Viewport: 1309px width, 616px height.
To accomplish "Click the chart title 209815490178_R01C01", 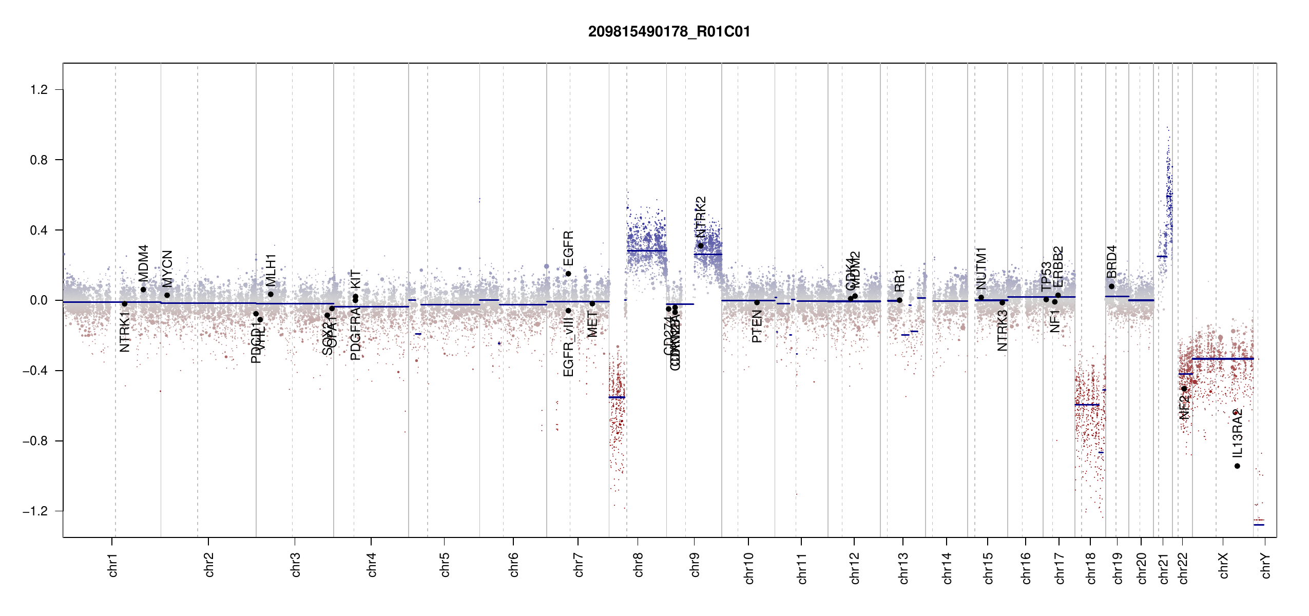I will point(669,32).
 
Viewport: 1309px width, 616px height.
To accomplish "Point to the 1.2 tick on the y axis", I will point(38,90).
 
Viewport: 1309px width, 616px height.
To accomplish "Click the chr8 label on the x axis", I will point(638,565).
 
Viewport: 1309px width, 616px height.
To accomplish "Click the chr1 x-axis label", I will point(112,565).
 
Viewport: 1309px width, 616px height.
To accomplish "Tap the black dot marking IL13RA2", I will point(1237,466).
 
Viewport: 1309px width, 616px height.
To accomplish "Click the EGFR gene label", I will point(568,248).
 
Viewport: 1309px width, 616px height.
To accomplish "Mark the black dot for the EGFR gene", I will point(568,274).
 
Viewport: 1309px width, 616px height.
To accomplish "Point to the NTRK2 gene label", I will point(701,217).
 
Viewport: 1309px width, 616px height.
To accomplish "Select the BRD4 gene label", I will point(1111,262).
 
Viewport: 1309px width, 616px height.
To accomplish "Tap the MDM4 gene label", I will point(143,263).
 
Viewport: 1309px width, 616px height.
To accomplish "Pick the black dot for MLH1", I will point(271,294).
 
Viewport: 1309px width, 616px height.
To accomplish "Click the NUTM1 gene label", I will point(981,268).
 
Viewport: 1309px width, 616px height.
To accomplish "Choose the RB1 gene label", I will point(899,281).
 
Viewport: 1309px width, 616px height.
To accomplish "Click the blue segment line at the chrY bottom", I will point(1259,525).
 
